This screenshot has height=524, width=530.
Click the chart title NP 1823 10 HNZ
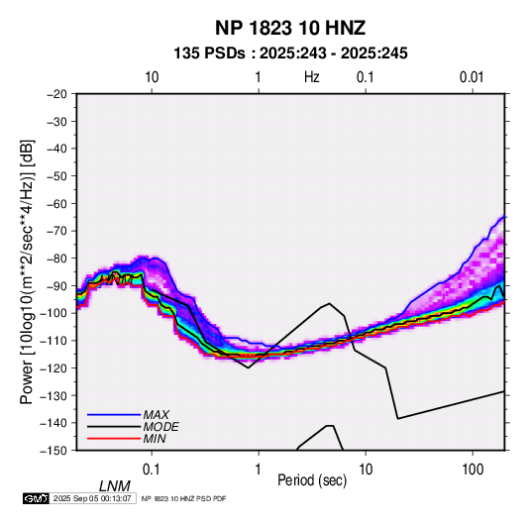coord(290,28)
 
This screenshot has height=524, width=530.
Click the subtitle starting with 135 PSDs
coord(290,53)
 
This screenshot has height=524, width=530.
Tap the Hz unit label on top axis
coord(311,77)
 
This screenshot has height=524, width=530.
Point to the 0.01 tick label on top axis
coord(472,77)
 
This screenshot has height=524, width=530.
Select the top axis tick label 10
coord(152,77)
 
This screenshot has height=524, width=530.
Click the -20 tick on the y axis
coord(57,94)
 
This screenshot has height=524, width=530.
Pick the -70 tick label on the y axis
coord(57,231)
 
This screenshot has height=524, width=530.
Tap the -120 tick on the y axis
coord(54,368)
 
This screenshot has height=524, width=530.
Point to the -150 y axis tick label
coord(54,451)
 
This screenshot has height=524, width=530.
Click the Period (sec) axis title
coord(312,480)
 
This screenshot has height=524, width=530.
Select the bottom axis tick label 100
coord(473,470)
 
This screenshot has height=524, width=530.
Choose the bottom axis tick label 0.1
coord(152,470)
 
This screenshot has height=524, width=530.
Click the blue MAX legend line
coord(114,415)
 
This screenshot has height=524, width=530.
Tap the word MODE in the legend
coord(160,427)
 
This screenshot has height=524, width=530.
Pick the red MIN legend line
coord(114,439)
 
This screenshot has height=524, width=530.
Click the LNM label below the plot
coord(115,486)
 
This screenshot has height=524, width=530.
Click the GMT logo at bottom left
coord(37,498)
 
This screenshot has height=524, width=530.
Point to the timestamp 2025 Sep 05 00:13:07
coord(92,498)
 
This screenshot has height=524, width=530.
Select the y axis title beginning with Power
coord(27,272)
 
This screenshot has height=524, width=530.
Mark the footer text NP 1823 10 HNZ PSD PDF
coord(183,498)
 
